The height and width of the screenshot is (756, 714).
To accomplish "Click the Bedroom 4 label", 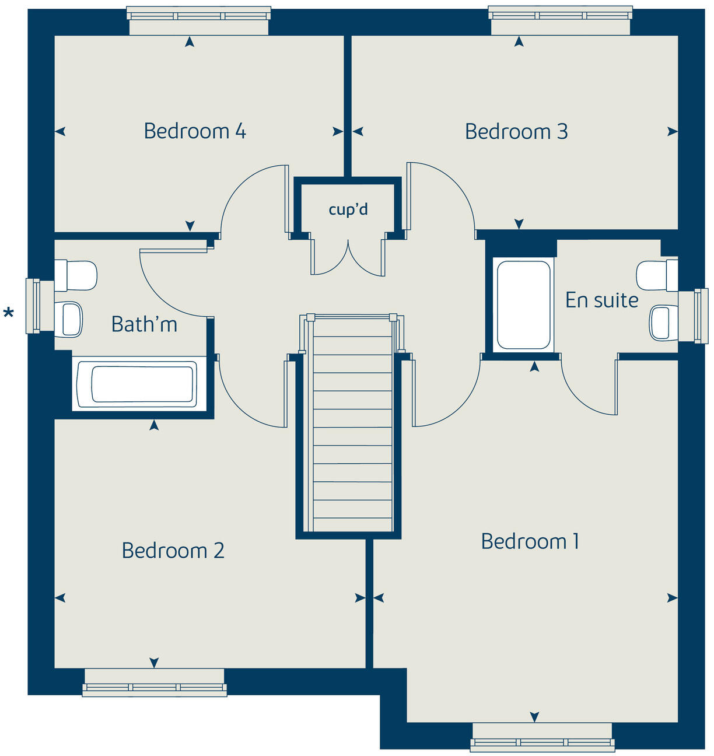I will click(195, 131).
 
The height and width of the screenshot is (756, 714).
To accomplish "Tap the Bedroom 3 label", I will click(516, 132).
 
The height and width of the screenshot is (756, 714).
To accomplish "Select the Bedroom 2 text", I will click(173, 551).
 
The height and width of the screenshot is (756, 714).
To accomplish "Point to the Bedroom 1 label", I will click(530, 541).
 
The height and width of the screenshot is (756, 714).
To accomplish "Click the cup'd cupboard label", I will click(348, 209).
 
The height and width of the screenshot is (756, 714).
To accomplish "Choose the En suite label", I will click(601, 300).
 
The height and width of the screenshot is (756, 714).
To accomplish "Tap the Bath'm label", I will click(144, 324).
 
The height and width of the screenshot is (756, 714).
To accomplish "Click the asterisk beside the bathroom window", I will click(9, 314).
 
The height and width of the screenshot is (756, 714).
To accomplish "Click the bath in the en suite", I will click(523, 304).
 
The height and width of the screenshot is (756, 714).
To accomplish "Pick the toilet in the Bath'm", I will click(76, 275).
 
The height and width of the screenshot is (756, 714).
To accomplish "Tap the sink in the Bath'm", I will click(69, 319).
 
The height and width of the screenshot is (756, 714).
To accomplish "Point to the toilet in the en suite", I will click(656, 275).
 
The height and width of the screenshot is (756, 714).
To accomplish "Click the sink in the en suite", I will click(663, 323).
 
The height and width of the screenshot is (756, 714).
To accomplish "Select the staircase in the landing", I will click(352, 426).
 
